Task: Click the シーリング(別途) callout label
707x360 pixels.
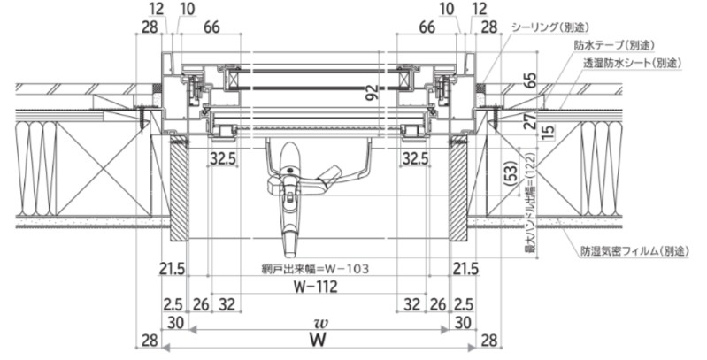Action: pyautogui.click(x=550, y=27)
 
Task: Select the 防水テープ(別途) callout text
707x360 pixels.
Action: pyautogui.click(x=614, y=45)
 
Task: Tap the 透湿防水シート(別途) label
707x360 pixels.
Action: pyautogui.click(x=632, y=63)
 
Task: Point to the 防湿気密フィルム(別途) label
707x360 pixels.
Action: pyautogui.click(x=634, y=251)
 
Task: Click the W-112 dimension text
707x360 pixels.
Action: pyautogui.click(x=316, y=287)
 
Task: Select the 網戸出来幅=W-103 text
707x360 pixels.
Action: pyautogui.click(x=316, y=269)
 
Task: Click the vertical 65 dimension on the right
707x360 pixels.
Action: pyautogui.click(x=532, y=80)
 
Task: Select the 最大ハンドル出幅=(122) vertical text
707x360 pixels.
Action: pyautogui.click(x=532, y=202)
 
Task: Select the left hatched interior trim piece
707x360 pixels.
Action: pyautogui.click(x=179, y=189)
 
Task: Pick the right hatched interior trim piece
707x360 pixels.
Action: pyautogui.click(x=458, y=189)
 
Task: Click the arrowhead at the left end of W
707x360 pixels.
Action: pyautogui.click(x=166, y=348)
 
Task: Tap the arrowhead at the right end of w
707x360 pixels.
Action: pyautogui.click(x=445, y=330)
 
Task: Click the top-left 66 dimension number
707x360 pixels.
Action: pyautogui.click(x=211, y=27)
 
